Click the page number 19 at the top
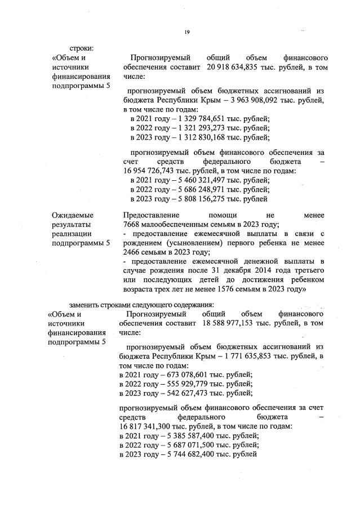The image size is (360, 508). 186,33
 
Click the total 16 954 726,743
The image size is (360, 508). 149,171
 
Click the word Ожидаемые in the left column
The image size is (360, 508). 73,215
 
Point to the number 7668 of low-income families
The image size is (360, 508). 132,225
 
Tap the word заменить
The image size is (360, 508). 83,305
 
